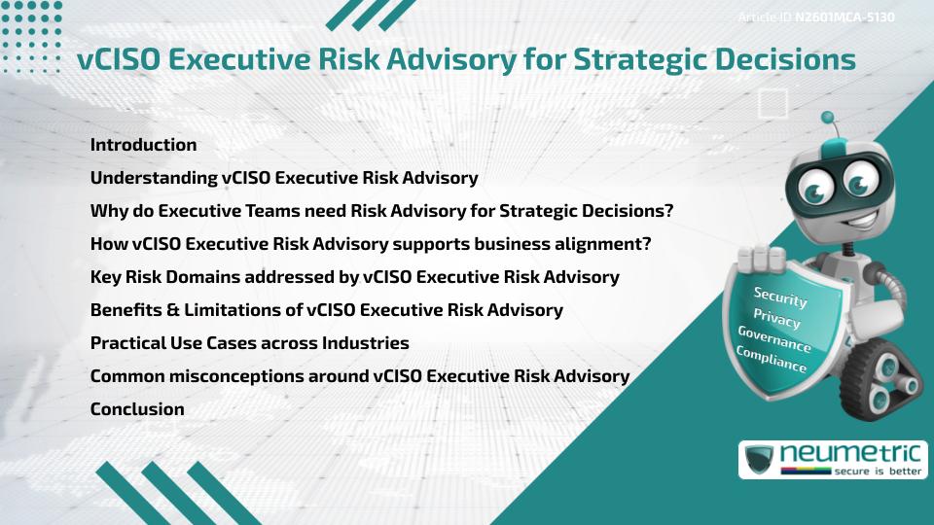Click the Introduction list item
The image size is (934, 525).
[143, 145]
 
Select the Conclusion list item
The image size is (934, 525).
[137, 409]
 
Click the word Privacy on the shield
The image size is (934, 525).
[776, 319]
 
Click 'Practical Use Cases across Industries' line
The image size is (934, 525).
[249, 343]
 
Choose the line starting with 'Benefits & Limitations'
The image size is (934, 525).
[326, 310]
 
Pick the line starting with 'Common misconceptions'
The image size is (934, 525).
[359, 376]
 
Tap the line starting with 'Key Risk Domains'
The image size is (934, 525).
[354, 277]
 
